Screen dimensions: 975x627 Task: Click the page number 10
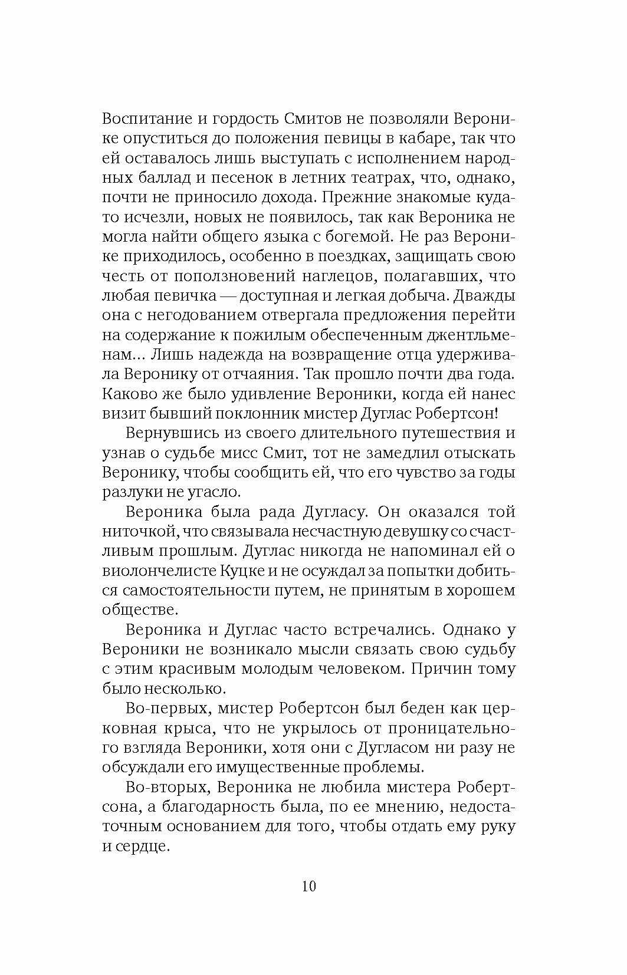point(308,887)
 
